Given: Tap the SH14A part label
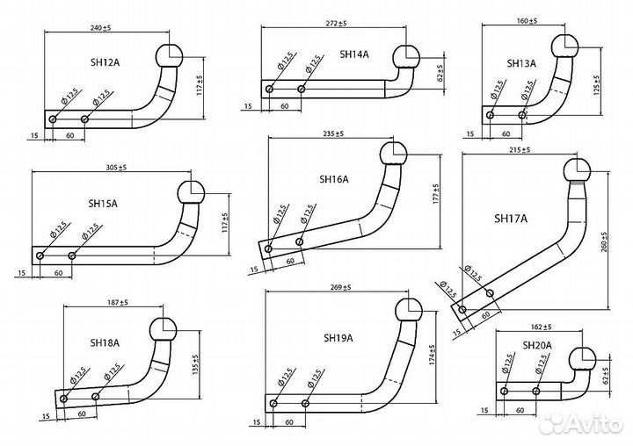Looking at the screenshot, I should pos(354,54).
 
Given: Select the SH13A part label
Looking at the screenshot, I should pos(521,63).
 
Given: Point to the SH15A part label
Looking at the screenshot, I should pos(103,204).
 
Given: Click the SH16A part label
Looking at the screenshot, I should pos(334,180).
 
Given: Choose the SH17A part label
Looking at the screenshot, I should pos(511,219).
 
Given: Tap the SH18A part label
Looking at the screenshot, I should pos(105,342).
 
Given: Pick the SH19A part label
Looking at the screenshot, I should pos(338,337).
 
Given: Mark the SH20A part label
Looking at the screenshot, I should pos(537,345).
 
